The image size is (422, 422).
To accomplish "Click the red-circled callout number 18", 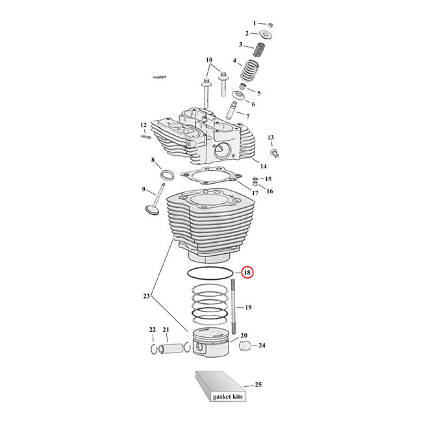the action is (x=247, y=273).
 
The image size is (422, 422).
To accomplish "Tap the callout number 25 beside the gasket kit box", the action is (x=258, y=384).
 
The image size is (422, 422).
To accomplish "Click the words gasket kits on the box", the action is (x=228, y=397).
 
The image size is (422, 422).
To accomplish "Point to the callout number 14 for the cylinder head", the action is (x=263, y=166).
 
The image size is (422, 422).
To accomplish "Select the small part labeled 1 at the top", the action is (x=270, y=25).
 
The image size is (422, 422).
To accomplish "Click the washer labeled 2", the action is (x=266, y=34).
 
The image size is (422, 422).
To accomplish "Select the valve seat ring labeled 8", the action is (x=167, y=175).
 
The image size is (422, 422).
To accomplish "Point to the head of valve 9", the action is (x=152, y=210).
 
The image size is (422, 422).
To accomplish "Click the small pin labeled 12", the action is (x=145, y=137).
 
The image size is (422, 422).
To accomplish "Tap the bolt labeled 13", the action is (x=274, y=153).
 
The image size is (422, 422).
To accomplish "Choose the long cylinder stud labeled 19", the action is (x=233, y=306).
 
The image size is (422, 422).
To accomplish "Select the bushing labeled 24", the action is (x=245, y=345).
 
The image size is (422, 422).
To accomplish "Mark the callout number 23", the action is (x=147, y=296).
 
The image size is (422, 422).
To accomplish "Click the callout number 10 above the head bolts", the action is (x=209, y=60).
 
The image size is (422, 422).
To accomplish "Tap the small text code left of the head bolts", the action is (x=160, y=77).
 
